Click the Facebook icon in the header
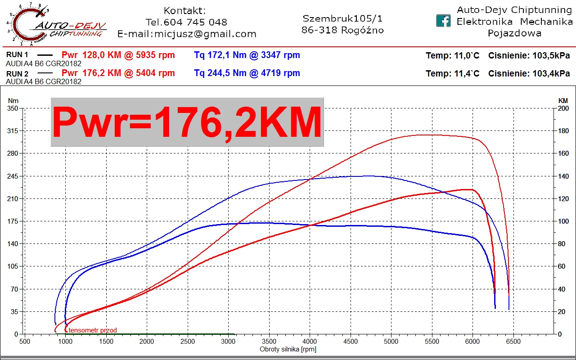click(x=443, y=21)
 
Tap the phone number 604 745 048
click(x=195, y=22)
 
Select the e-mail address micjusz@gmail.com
click(x=205, y=34)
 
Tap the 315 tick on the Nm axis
click(x=12, y=131)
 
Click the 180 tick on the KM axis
click(x=563, y=131)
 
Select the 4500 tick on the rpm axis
click(x=351, y=342)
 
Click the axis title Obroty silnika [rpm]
click(x=288, y=350)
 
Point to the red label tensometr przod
click(x=93, y=330)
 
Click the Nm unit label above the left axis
click(x=13, y=101)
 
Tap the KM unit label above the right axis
click(x=563, y=101)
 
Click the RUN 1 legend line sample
click(x=45, y=55)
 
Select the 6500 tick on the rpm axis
click(x=513, y=342)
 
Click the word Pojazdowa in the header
click(x=514, y=33)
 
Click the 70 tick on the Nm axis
click(x=14, y=289)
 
